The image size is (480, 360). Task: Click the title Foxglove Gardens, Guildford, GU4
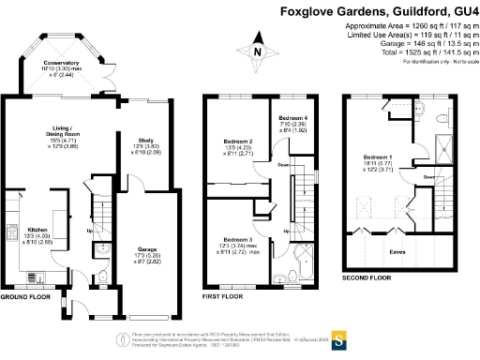tap(379, 12)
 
